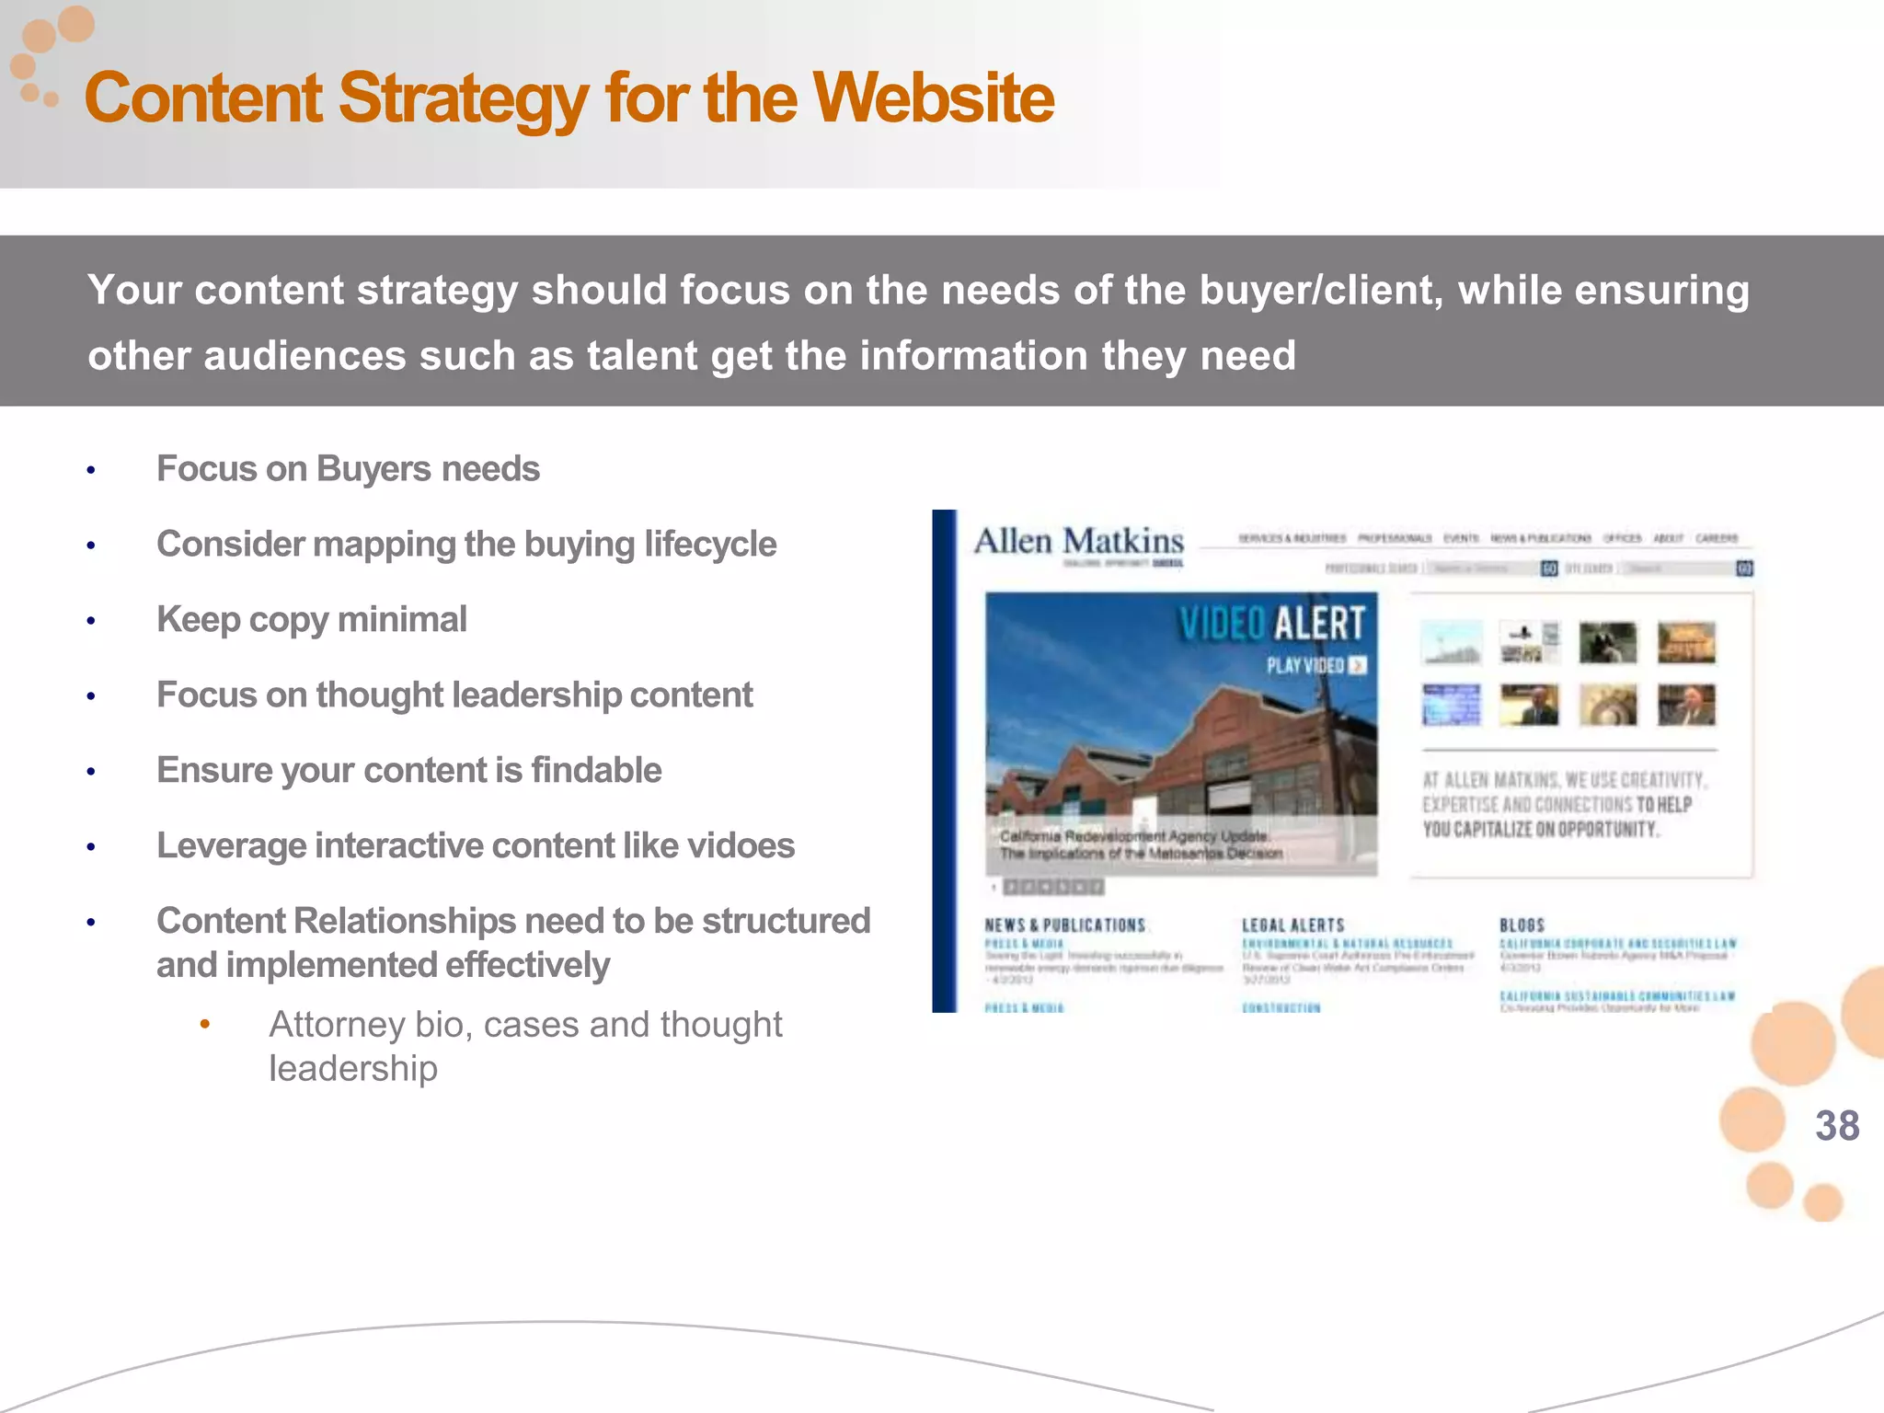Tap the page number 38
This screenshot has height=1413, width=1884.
coord(1837,1126)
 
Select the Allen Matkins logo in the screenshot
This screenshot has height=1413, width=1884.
coord(1078,542)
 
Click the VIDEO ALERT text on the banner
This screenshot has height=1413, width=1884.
coord(1271,624)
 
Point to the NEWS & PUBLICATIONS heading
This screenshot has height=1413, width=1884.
coord(1064,925)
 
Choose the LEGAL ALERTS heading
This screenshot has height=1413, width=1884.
coord(1292,925)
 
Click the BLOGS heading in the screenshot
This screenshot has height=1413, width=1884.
coord(1522,925)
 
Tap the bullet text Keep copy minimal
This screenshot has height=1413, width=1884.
coord(312,619)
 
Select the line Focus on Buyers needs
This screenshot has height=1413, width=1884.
coord(348,468)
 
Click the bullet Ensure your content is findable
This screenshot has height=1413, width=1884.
coord(408,770)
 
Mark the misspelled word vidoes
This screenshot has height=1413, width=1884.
coord(741,845)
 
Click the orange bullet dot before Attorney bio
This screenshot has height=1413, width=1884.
coord(205,1024)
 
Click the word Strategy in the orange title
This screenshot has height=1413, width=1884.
coord(463,98)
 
